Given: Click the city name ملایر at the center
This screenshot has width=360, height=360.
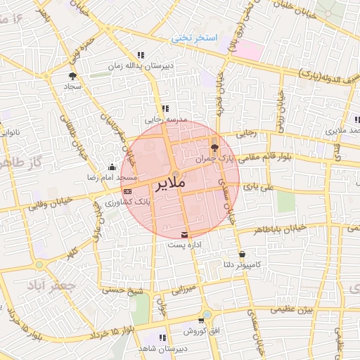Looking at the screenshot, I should [169, 186].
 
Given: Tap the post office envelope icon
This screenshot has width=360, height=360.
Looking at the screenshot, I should [185, 234].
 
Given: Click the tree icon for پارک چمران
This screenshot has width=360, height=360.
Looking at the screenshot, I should [214, 148].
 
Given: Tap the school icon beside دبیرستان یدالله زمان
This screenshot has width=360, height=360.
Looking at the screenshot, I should [141, 55].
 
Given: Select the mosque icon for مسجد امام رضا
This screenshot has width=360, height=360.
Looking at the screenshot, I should [112, 167].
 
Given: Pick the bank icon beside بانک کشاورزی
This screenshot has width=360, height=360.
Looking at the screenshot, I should [127, 191].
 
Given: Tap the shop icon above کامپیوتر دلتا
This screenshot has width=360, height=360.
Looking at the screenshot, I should [243, 254].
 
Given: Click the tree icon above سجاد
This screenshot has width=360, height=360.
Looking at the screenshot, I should [72, 75].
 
